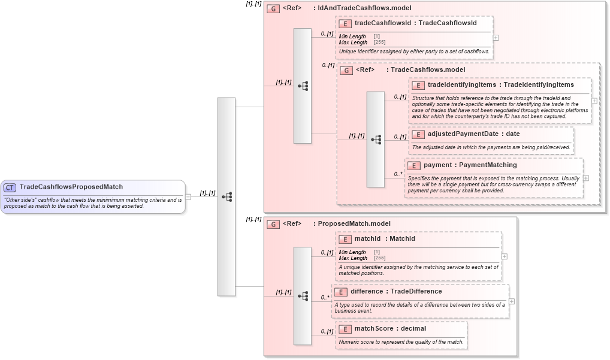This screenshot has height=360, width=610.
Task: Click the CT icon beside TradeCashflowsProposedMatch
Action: (x=10, y=187)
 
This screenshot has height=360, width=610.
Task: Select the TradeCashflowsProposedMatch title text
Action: (x=71, y=187)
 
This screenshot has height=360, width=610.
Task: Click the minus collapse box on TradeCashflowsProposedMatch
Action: (x=188, y=196)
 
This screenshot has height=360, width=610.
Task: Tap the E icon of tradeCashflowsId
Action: (x=345, y=24)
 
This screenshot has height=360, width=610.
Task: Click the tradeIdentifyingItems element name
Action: (x=461, y=85)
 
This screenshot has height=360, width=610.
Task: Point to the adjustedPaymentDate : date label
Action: (x=473, y=134)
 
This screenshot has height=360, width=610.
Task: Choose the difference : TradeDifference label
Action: (x=396, y=292)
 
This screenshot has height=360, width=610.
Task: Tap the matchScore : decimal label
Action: (x=390, y=329)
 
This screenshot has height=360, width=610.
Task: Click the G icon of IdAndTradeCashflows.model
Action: (x=273, y=9)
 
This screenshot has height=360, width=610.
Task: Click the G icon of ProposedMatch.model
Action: (x=273, y=224)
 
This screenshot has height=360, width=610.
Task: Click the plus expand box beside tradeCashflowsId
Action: (x=496, y=37)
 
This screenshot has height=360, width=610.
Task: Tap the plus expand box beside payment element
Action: (x=585, y=178)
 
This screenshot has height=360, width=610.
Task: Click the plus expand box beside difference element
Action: (x=511, y=301)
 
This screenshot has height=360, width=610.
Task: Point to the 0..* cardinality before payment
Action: (x=398, y=174)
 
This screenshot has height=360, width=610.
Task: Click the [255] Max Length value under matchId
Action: (x=379, y=258)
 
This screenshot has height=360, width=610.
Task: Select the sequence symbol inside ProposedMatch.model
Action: (x=303, y=296)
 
